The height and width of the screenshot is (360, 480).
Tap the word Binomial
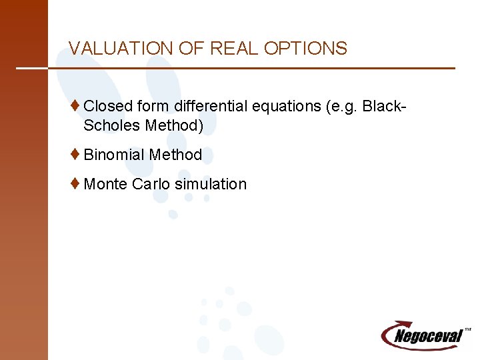click(x=114, y=155)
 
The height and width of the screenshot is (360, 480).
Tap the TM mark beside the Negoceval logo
click(x=467, y=329)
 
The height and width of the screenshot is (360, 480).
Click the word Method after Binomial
click(x=175, y=155)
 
